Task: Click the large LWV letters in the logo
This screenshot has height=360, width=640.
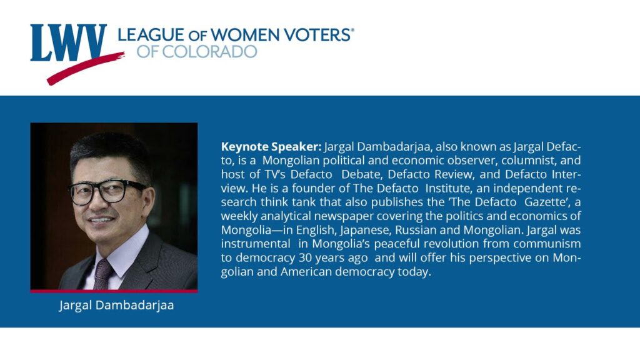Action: tap(68, 42)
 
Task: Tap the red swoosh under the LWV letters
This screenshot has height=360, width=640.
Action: tap(85, 68)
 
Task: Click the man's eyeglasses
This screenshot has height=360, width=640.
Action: tap(106, 192)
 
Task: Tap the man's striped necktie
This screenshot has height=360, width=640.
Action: tap(103, 274)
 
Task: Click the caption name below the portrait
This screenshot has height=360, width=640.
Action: tap(116, 305)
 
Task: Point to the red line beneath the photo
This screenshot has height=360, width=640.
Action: tap(114, 291)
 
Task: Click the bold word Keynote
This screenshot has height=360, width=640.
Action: tap(244, 147)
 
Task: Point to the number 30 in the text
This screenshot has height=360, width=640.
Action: tap(305, 258)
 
